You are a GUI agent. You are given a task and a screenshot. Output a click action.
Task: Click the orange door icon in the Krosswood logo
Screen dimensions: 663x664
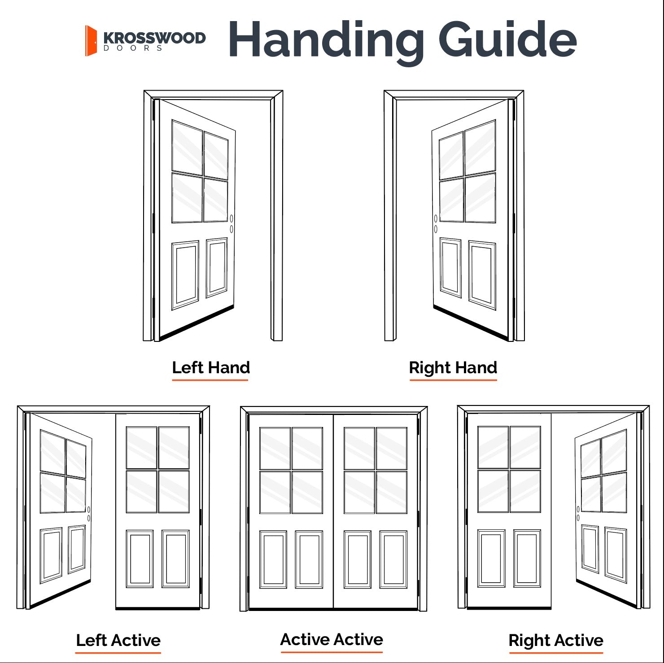pos(91,41)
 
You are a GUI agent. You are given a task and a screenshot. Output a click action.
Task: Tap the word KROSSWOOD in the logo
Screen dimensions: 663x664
pos(154,38)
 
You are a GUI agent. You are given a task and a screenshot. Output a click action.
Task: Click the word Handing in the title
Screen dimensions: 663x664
pos(326,40)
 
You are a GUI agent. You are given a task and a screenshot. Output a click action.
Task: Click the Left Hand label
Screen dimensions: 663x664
pos(210,367)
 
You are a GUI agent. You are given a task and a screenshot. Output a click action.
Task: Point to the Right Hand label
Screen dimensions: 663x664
pos(453,367)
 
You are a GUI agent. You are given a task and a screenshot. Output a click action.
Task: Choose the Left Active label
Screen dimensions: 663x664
pos(118,640)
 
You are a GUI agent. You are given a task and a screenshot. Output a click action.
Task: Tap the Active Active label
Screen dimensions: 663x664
pos(332,639)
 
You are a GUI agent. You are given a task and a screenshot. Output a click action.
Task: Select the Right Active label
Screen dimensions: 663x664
pos(555,640)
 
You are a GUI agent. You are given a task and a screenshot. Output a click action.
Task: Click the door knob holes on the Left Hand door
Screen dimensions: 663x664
pos(232,224)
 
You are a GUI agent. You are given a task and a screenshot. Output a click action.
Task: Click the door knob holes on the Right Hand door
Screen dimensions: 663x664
pos(436,224)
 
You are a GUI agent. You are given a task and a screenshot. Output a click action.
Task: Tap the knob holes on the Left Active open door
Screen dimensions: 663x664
pos(89,514)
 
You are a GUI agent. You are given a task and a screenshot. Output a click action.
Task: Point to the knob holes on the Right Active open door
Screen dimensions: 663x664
pos(578,514)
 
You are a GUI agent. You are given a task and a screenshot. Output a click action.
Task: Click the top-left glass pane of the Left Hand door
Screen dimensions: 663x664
pos(187,147)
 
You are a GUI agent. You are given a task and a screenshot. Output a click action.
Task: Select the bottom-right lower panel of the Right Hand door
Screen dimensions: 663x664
pos(482,275)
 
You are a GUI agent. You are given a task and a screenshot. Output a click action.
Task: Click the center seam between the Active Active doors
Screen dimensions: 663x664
pos(333,511)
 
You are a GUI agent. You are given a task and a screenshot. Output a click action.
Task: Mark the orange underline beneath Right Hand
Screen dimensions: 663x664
pos(453,380)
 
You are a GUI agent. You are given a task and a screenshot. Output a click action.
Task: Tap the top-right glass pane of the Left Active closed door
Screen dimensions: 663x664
pos(174,447)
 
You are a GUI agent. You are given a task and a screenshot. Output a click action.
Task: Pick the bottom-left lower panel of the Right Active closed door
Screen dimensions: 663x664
pos(491,558)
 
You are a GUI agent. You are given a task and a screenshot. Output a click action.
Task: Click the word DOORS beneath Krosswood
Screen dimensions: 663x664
pos(133,48)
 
